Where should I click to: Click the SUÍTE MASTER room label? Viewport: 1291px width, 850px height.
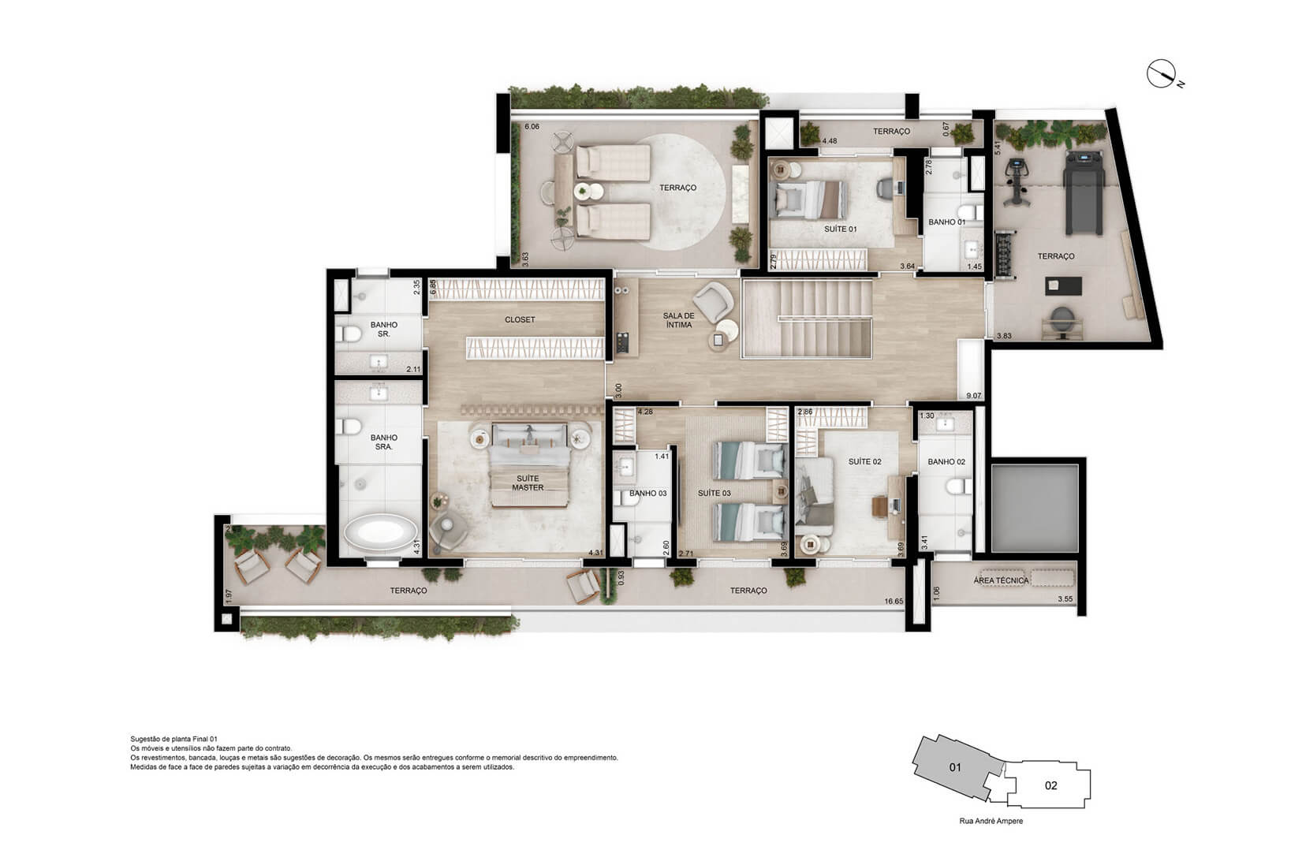[527, 483]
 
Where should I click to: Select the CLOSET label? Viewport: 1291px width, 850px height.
[520, 319]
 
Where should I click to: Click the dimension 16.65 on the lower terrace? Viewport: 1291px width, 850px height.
[893, 602]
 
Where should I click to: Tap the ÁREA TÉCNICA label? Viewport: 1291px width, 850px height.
[1001, 580]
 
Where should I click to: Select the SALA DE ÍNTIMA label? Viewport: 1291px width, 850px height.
[678, 319]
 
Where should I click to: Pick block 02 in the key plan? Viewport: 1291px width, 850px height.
[1050, 785]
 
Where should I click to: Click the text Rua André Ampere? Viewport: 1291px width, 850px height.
[991, 821]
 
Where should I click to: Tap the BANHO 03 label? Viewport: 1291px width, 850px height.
[647, 494]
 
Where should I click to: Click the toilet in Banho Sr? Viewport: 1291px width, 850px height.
[348, 334]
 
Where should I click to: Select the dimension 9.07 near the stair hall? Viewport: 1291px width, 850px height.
[974, 396]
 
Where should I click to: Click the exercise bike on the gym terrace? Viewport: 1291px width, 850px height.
[1017, 181]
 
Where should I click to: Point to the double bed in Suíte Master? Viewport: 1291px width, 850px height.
[529, 465]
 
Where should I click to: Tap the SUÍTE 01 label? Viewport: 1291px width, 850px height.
[840, 229]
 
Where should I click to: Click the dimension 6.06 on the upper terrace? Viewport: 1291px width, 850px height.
[532, 126]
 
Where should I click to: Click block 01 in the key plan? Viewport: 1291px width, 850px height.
[955, 766]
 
